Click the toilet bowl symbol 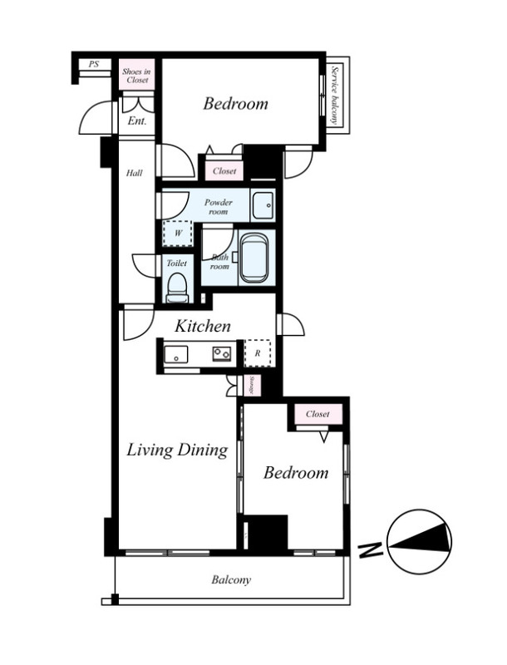point(177,287)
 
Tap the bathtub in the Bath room point(254,259)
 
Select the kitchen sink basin point(176,354)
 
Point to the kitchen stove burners point(222,353)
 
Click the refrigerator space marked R point(258,352)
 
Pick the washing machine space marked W point(178,234)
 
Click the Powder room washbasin point(263,205)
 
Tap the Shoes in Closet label point(136,76)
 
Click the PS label point(94,64)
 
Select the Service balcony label point(336,95)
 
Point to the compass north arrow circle point(419,542)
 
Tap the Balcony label point(231,579)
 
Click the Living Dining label point(177,451)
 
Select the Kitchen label point(203,326)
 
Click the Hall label point(135,173)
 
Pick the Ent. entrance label point(137,121)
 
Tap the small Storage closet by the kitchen point(252,386)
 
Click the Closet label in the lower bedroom point(317,413)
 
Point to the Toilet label point(176,264)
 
